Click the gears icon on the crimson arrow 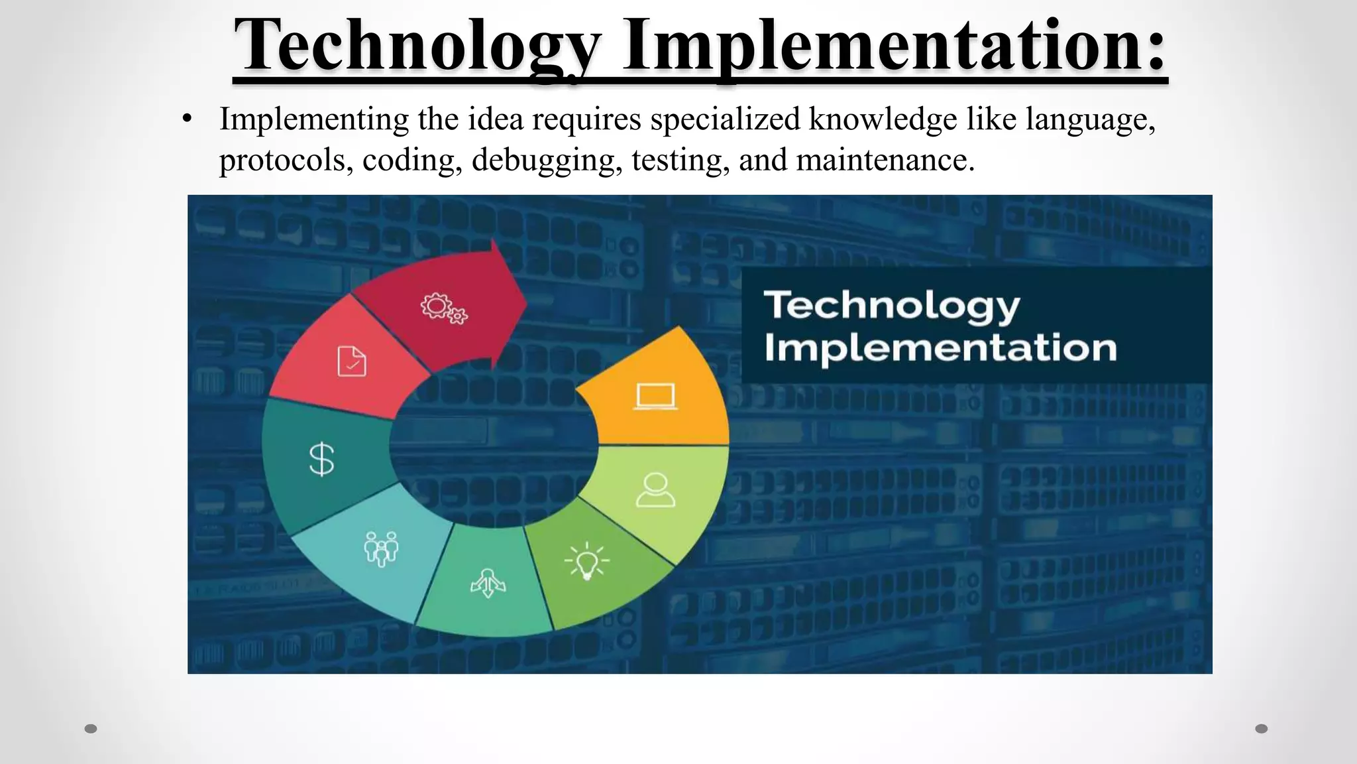coord(443,308)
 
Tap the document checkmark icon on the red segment coord(352,361)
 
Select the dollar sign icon coord(322,459)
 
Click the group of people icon coord(381,548)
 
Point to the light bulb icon coord(586,561)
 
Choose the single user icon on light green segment coord(655,491)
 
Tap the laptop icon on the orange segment coord(655,397)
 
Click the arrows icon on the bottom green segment coord(488,583)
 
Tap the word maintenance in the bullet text coord(885,160)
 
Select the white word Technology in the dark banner coord(892,306)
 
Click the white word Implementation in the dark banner coord(940,348)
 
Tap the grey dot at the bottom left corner coord(91,729)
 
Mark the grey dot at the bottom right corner coord(1262,729)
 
